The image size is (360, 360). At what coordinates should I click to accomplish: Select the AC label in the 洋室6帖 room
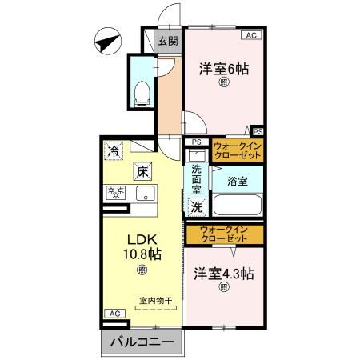point(251,35)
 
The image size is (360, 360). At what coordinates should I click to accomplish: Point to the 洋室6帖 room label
point(224,70)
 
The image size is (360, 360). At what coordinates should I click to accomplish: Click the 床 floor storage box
point(142,170)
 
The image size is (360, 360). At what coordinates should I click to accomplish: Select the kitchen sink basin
point(146,193)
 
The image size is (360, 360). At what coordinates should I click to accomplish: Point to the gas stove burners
point(117,193)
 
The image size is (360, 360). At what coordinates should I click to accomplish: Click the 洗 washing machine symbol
point(196,205)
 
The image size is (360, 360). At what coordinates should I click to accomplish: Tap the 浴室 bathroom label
point(236,182)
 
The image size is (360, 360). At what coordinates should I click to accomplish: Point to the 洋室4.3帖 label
point(224,273)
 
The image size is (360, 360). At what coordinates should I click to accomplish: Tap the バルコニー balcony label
point(141,342)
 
